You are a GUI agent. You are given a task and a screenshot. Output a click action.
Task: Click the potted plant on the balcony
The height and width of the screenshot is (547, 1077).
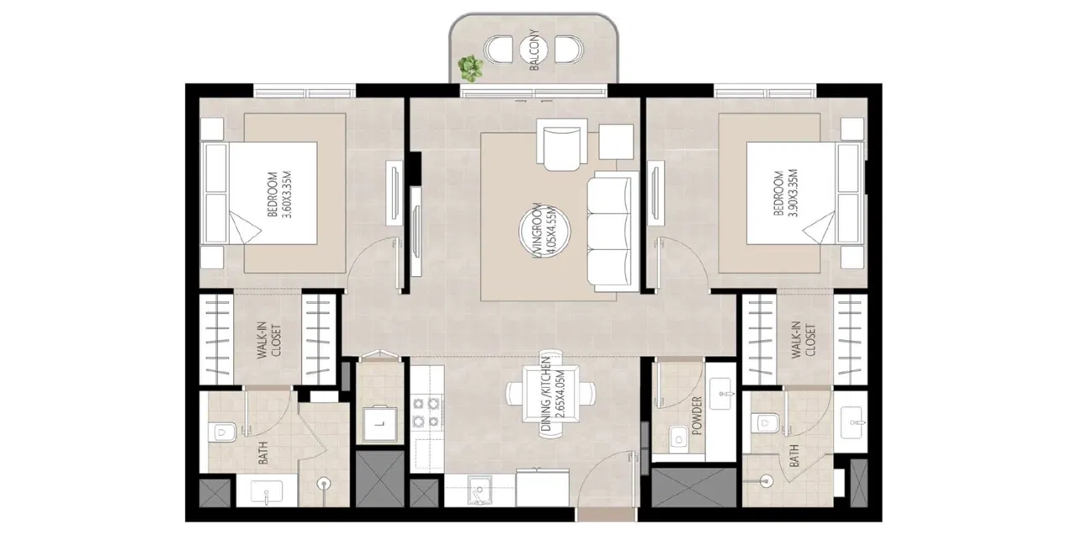471,66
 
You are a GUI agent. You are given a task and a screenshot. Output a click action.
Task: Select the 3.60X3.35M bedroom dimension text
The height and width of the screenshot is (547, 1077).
288,195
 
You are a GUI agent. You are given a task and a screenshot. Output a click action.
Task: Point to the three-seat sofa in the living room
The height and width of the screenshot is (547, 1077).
611,230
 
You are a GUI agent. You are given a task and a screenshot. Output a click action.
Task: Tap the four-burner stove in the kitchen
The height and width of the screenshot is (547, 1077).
425,412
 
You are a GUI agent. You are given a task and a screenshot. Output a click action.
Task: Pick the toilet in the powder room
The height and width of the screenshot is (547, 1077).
676,438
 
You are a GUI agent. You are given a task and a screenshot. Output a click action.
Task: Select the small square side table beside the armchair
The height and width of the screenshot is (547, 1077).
618,140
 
